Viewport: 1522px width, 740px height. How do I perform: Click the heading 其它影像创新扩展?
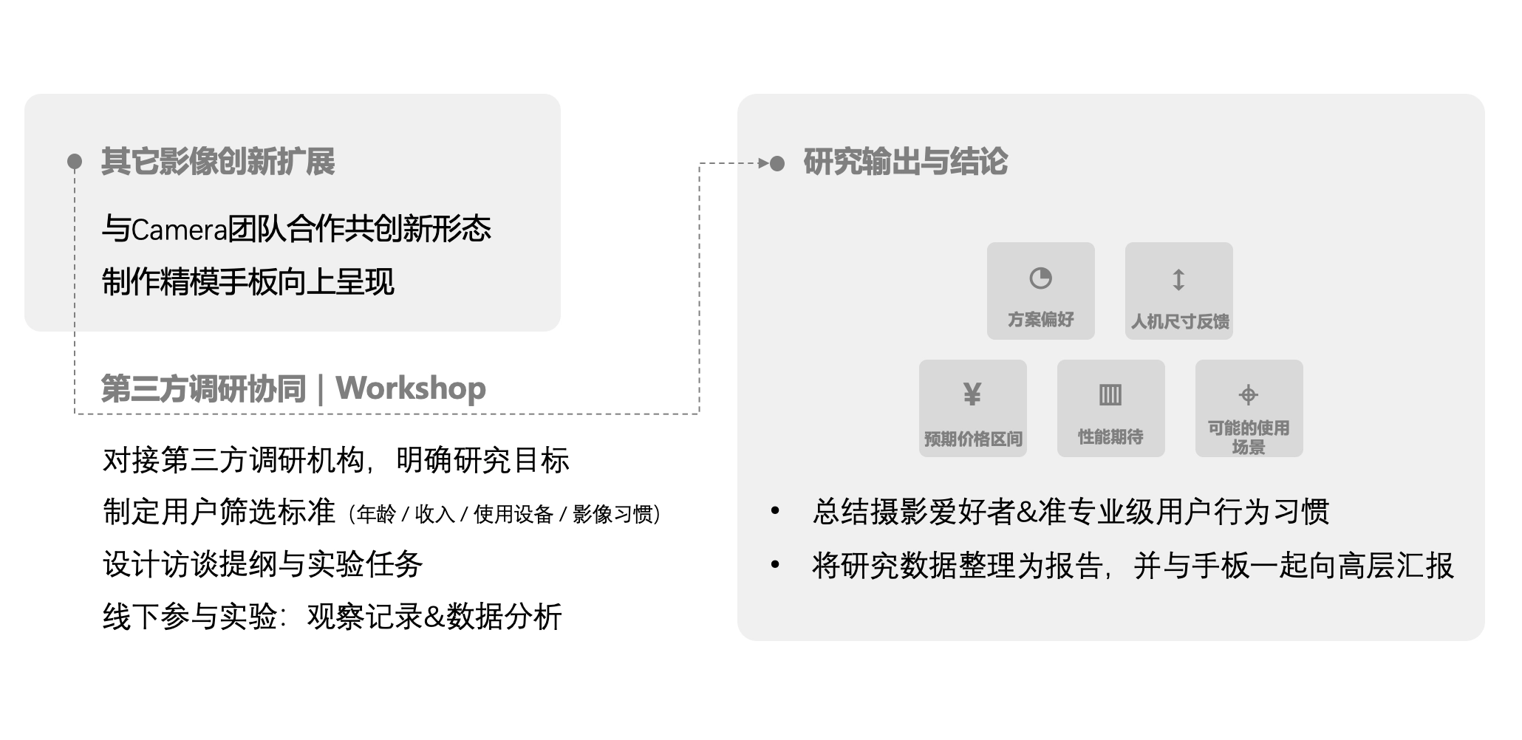(x=218, y=162)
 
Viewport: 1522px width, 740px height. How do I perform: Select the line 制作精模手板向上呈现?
(x=248, y=281)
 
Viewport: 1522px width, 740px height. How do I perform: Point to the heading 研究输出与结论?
(x=905, y=162)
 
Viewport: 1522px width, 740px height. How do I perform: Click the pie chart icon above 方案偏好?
(x=1040, y=278)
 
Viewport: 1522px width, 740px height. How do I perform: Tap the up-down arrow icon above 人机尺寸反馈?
(x=1178, y=280)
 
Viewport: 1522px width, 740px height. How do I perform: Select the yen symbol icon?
(x=972, y=394)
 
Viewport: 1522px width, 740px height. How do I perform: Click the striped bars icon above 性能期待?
(x=1110, y=395)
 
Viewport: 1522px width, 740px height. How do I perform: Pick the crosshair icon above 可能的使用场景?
(x=1249, y=395)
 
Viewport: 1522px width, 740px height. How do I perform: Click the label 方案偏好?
(x=1040, y=320)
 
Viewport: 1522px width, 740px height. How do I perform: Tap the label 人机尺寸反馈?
(x=1179, y=321)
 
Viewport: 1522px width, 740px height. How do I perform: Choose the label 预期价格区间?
(x=973, y=439)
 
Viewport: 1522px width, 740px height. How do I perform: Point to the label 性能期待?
(x=1110, y=437)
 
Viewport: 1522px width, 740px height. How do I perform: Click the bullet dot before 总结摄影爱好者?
(x=775, y=511)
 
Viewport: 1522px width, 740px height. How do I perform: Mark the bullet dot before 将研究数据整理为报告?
(x=775, y=565)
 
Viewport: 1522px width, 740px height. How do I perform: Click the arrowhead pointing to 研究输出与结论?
(x=764, y=163)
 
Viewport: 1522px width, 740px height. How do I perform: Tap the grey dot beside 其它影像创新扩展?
(x=75, y=161)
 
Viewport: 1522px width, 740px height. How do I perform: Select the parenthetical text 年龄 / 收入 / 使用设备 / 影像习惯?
(x=505, y=514)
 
